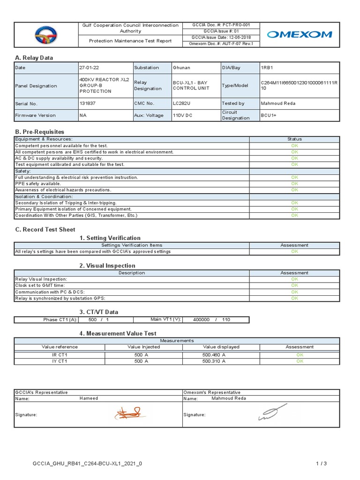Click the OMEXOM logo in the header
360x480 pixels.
point(300,34)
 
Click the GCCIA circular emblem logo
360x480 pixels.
point(45,35)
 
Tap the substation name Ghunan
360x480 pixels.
point(181,67)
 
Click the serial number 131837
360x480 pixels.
point(88,104)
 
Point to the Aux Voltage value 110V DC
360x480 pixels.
point(183,115)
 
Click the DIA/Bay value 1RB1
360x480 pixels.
point(267,67)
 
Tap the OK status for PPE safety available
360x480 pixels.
point(294,184)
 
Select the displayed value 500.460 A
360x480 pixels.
point(214,355)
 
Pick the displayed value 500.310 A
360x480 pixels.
point(214,361)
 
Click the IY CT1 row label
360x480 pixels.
point(60,361)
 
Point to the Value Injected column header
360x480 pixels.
point(143,347)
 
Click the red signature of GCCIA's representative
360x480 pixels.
point(130,413)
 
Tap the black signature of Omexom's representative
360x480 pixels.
point(270,412)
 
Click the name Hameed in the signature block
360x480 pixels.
point(89,398)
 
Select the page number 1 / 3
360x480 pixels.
point(321,464)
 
